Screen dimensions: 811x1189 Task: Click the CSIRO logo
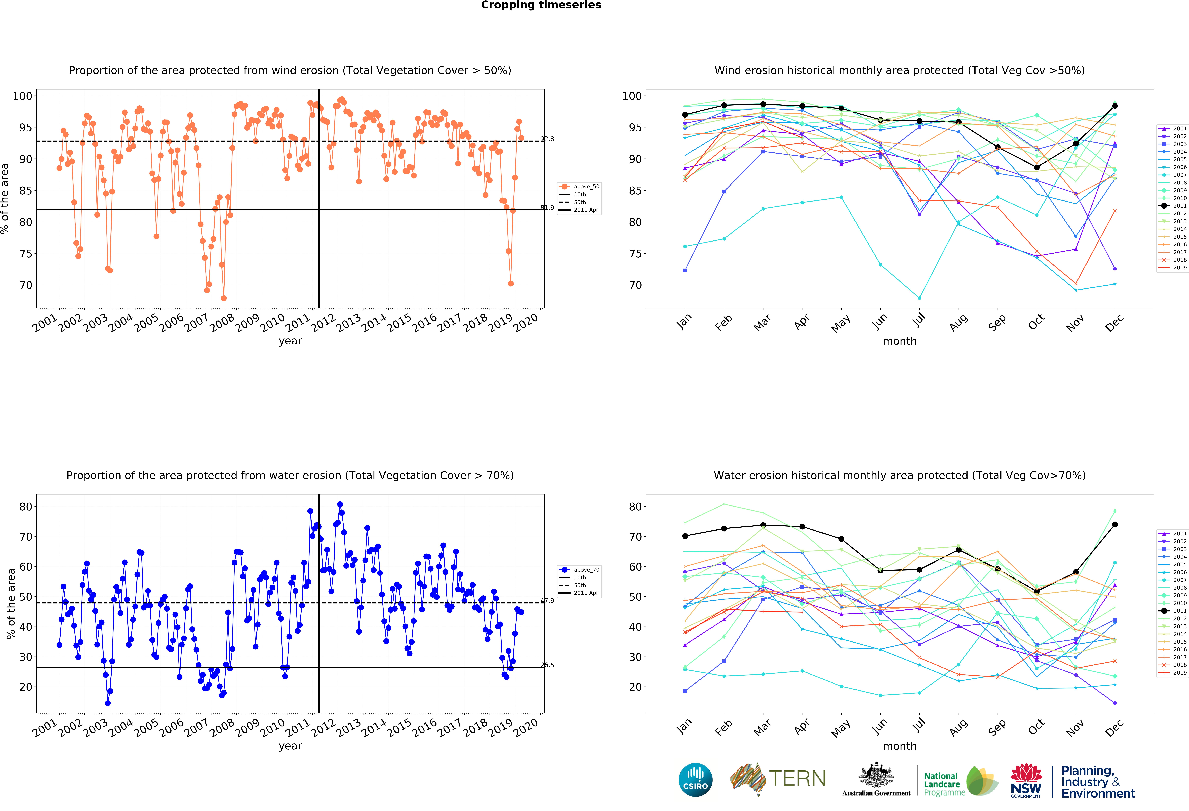coord(695,780)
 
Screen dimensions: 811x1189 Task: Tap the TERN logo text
coord(797,779)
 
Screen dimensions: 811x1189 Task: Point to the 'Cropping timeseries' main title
coord(541,5)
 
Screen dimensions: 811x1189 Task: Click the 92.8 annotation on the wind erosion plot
coord(547,139)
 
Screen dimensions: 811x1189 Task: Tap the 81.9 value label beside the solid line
coord(547,207)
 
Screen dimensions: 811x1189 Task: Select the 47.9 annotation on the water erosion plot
coord(547,601)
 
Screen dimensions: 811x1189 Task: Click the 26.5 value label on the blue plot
coord(547,665)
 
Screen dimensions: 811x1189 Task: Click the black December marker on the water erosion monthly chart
coord(1115,524)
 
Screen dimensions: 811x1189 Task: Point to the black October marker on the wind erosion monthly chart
coord(1037,167)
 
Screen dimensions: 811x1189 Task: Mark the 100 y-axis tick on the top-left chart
coord(22,96)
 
